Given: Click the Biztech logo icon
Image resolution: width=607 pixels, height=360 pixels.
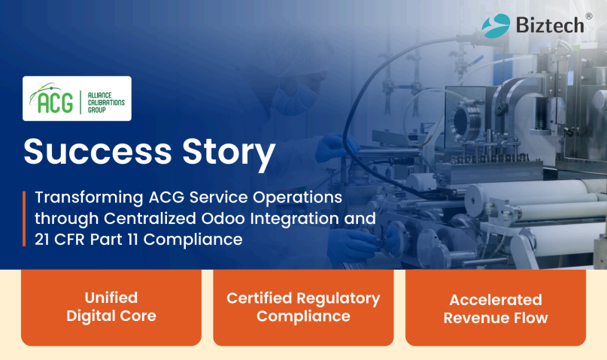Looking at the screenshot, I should (496, 24).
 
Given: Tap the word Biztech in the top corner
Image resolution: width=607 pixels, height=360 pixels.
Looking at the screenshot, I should (549, 25).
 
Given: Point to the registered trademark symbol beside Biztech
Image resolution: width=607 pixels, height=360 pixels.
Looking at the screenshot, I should (588, 15).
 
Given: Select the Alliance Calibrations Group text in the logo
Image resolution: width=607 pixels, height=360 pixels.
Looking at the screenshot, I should (104, 99).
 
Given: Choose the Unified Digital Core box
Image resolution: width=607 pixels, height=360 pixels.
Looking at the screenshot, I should (111, 307).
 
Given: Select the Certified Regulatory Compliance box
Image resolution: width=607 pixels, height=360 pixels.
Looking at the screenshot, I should (303, 307).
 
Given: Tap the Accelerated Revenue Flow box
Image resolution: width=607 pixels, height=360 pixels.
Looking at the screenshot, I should (496, 307).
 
